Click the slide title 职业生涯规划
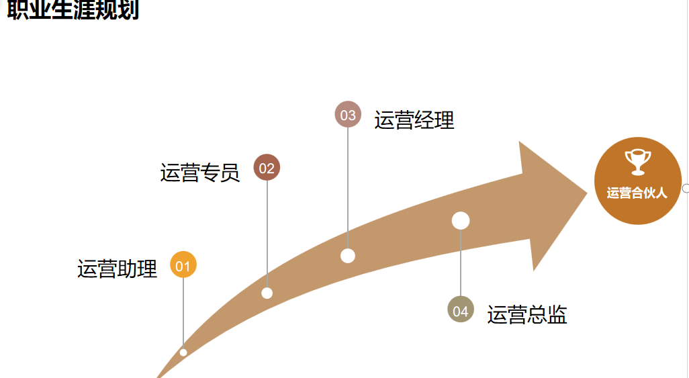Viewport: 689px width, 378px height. (73, 10)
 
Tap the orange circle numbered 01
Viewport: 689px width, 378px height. (183, 265)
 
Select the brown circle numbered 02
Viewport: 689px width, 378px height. (267, 168)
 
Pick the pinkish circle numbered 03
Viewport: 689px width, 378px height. (348, 115)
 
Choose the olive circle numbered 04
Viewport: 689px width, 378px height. (461, 310)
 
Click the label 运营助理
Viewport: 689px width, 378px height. (118, 269)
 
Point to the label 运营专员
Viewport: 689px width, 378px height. (200, 173)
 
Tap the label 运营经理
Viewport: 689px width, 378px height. (414, 120)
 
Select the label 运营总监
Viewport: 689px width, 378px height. (527, 314)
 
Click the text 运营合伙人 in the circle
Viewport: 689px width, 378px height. (637, 193)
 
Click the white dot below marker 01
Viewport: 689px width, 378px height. (183, 352)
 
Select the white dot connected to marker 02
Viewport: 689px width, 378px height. (267, 293)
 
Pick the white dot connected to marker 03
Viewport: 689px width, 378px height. (348, 256)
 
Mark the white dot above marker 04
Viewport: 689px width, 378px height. (461, 220)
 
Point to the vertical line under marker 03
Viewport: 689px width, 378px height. (348, 188)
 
